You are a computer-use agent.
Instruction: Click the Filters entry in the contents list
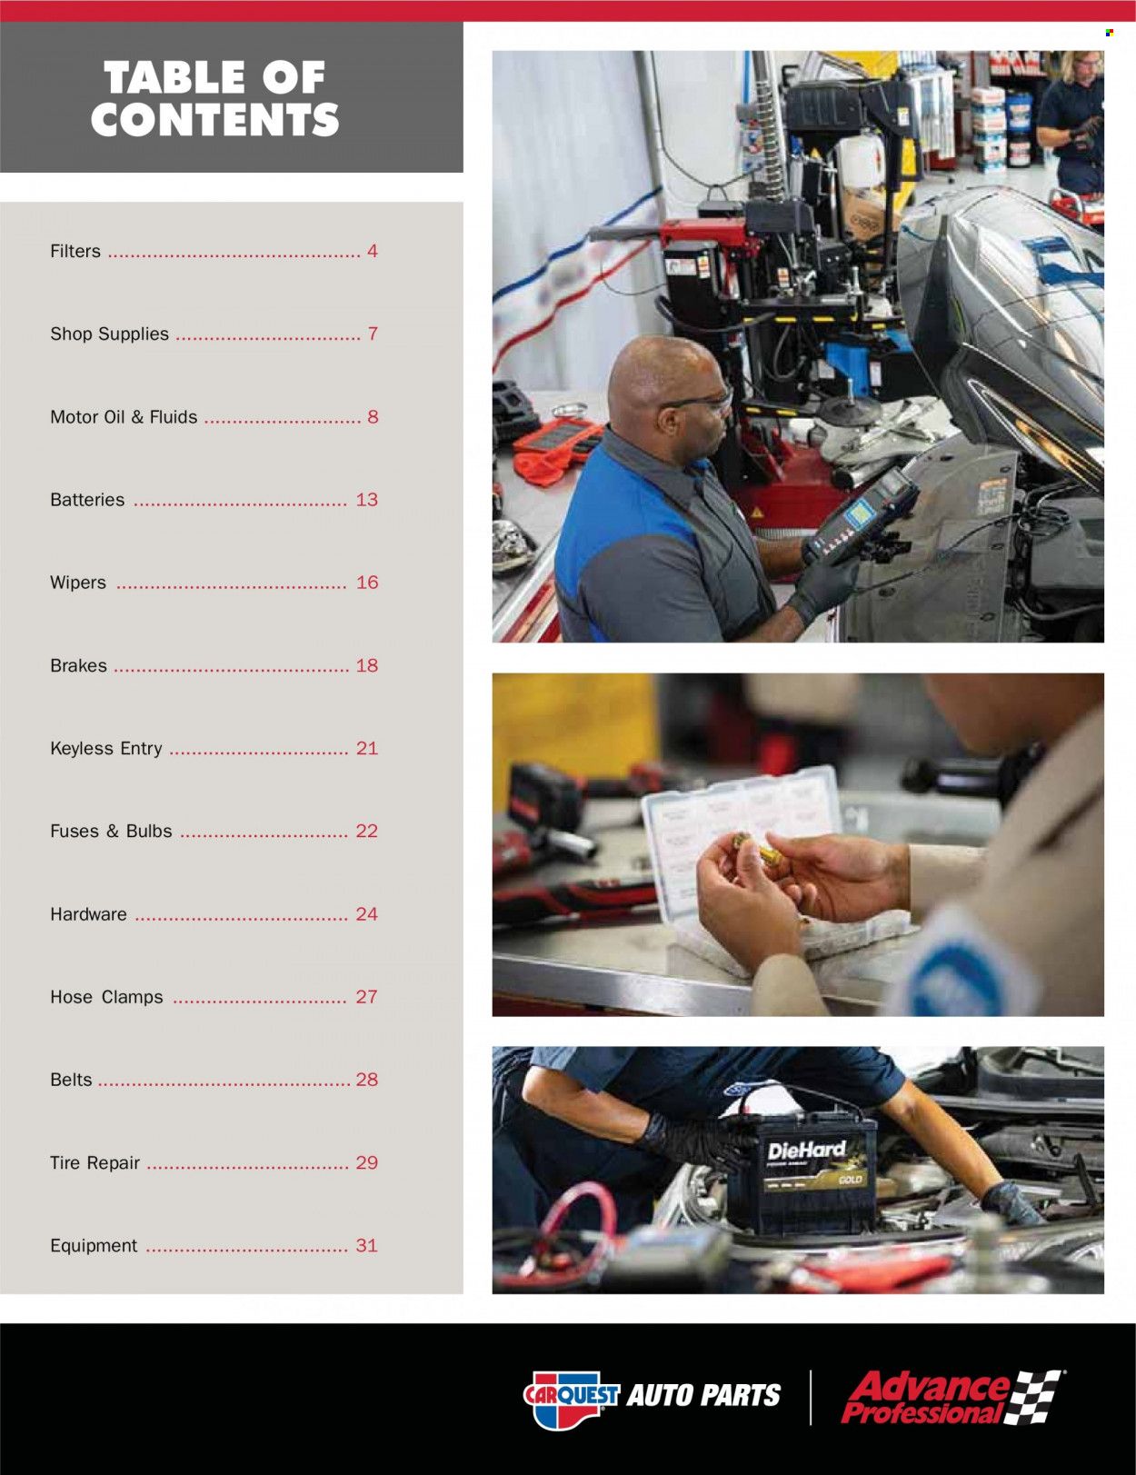click(75, 252)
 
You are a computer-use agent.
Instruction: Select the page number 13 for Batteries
click(366, 500)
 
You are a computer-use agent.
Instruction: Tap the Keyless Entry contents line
click(106, 749)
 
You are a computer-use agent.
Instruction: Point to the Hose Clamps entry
click(106, 997)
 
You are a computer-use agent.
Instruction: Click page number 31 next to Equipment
click(366, 1246)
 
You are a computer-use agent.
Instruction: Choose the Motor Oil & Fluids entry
click(124, 417)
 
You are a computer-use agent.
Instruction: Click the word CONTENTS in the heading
click(214, 120)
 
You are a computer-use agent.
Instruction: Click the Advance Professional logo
click(950, 1398)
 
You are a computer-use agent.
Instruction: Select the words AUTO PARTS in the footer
click(703, 1396)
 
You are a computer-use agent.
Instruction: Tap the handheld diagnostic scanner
click(859, 517)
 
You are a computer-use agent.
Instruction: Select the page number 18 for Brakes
click(366, 666)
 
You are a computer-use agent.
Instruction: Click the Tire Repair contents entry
click(95, 1163)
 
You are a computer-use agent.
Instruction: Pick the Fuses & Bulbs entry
click(111, 832)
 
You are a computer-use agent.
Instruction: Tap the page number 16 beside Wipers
click(366, 583)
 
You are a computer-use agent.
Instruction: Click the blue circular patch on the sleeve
click(963, 982)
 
